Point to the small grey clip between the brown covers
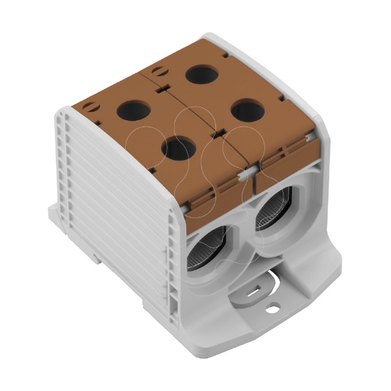point(243,173)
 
